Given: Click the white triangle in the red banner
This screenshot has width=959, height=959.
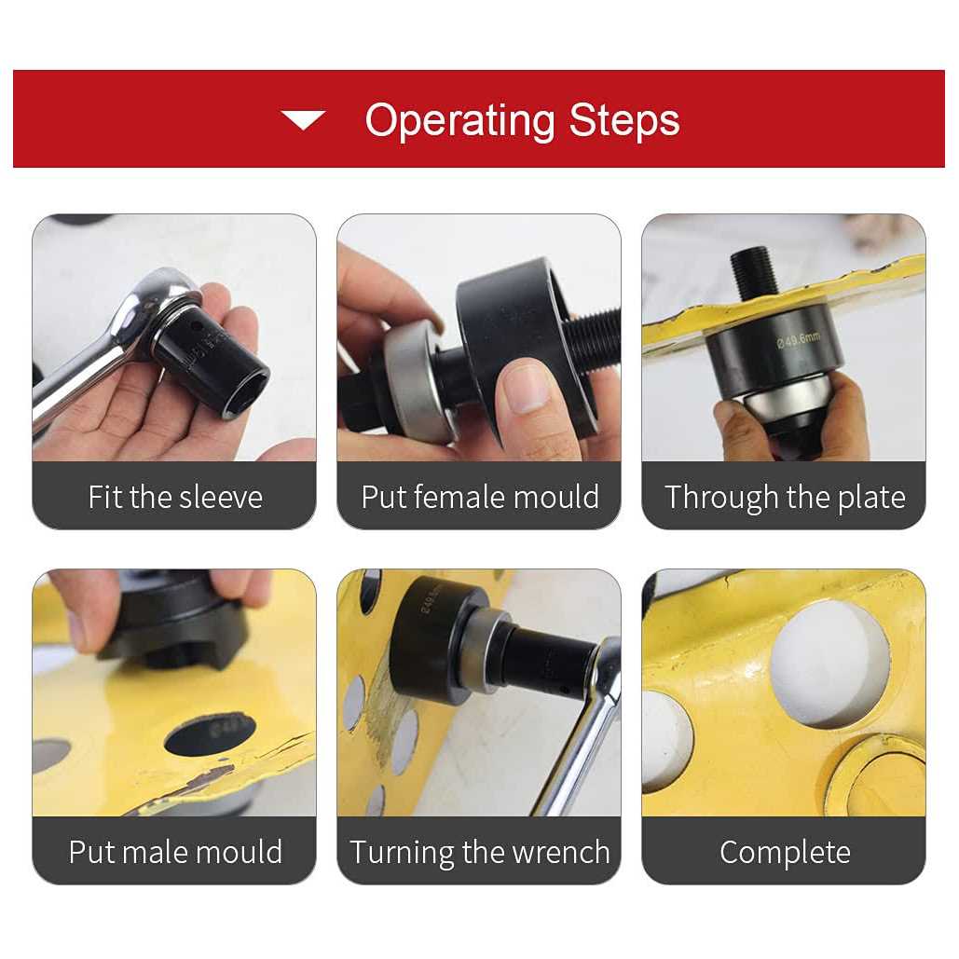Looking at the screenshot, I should (x=303, y=119).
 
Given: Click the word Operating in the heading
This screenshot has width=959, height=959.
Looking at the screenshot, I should (x=459, y=120).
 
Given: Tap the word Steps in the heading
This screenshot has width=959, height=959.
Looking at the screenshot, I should (x=625, y=120).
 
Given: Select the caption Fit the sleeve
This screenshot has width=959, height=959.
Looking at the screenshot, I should (x=174, y=497).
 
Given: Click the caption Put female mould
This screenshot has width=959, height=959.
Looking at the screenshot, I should (x=479, y=497).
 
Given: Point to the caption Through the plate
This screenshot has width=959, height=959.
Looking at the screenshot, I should (x=784, y=497).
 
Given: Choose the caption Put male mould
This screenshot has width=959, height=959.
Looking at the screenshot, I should (x=174, y=851).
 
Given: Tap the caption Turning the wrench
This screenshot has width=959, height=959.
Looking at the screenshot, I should (x=479, y=851).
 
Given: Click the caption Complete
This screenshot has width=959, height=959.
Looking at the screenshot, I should (x=784, y=851).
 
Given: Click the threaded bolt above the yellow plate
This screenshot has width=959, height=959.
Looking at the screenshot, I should (x=753, y=271).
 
